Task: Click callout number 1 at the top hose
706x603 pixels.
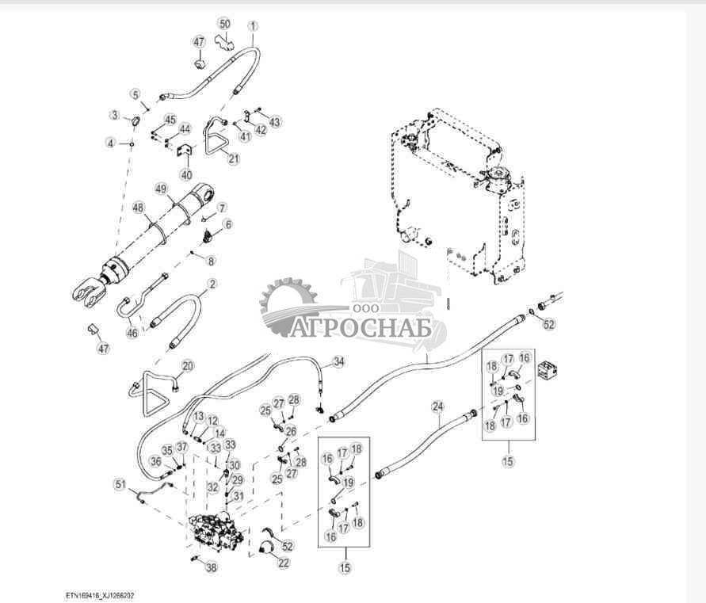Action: [x=253, y=25]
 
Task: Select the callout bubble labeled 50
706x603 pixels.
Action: [x=224, y=24]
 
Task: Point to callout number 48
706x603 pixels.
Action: [x=138, y=208]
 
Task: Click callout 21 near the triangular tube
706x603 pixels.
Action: [x=233, y=158]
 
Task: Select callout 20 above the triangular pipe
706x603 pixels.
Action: [x=187, y=365]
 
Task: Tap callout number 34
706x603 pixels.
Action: [x=338, y=361]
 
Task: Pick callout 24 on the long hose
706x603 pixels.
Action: [x=437, y=407]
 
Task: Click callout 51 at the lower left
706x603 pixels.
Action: [x=120, y=484]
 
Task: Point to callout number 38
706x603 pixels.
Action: [x=210, y=567]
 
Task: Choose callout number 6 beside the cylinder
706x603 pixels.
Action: [x=227, y=224]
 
